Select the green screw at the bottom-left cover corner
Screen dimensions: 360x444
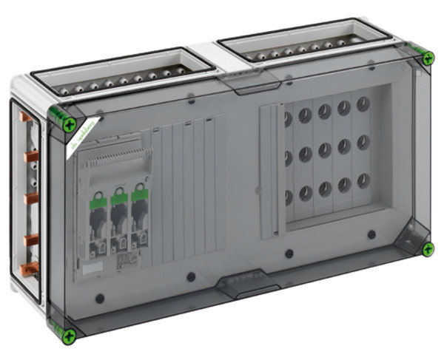pyautogui.click(x=69, y=336)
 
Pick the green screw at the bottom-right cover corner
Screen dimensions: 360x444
pyautogui.click(x=428, y=250)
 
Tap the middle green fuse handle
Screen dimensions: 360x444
pyautogui.click(x=118, y=200)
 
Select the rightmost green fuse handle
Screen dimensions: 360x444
pyautogui.click(x=138, y=200)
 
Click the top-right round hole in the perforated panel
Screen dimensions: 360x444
pyautogui.click(x=363, y=103)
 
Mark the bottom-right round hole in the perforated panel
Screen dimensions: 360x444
pyautogui.click(x=363, y=180)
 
